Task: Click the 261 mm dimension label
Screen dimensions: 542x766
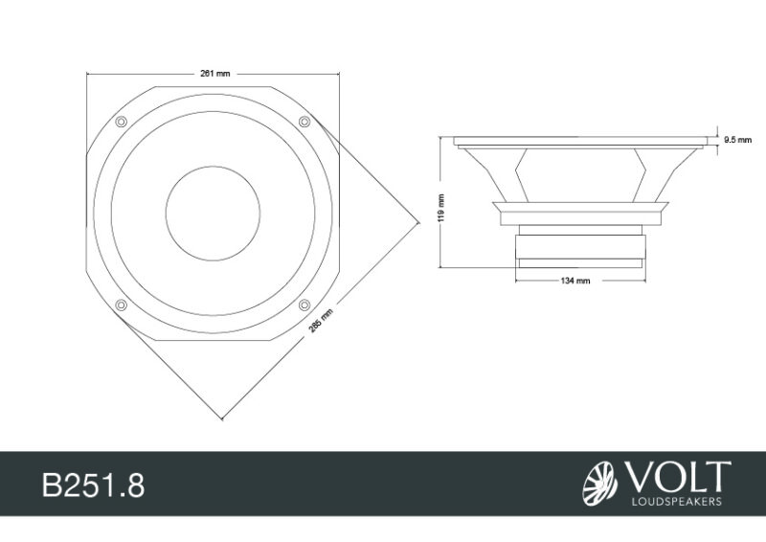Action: click(x=215, y=73)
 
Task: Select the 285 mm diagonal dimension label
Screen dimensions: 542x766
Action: click(x=322, y=319)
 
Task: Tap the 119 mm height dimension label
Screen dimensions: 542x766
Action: click(x=440, y=207)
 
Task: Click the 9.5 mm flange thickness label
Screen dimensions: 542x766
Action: click(x=737, y=141)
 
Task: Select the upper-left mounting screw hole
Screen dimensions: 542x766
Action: click(x=121, y=122)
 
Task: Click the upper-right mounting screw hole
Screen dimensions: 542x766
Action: click(x=304, y=121)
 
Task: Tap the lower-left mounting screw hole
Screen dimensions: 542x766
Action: click(x=121, y=305)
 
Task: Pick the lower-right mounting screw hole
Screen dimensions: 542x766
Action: click(x=304, y=305)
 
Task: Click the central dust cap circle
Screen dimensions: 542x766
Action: click(x=213, y=213)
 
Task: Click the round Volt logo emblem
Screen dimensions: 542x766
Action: click(x=600, y=483)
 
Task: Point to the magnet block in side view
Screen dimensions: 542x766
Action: click(x=578, y=247)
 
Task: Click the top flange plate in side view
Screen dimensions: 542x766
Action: click(x=580, y=141)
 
